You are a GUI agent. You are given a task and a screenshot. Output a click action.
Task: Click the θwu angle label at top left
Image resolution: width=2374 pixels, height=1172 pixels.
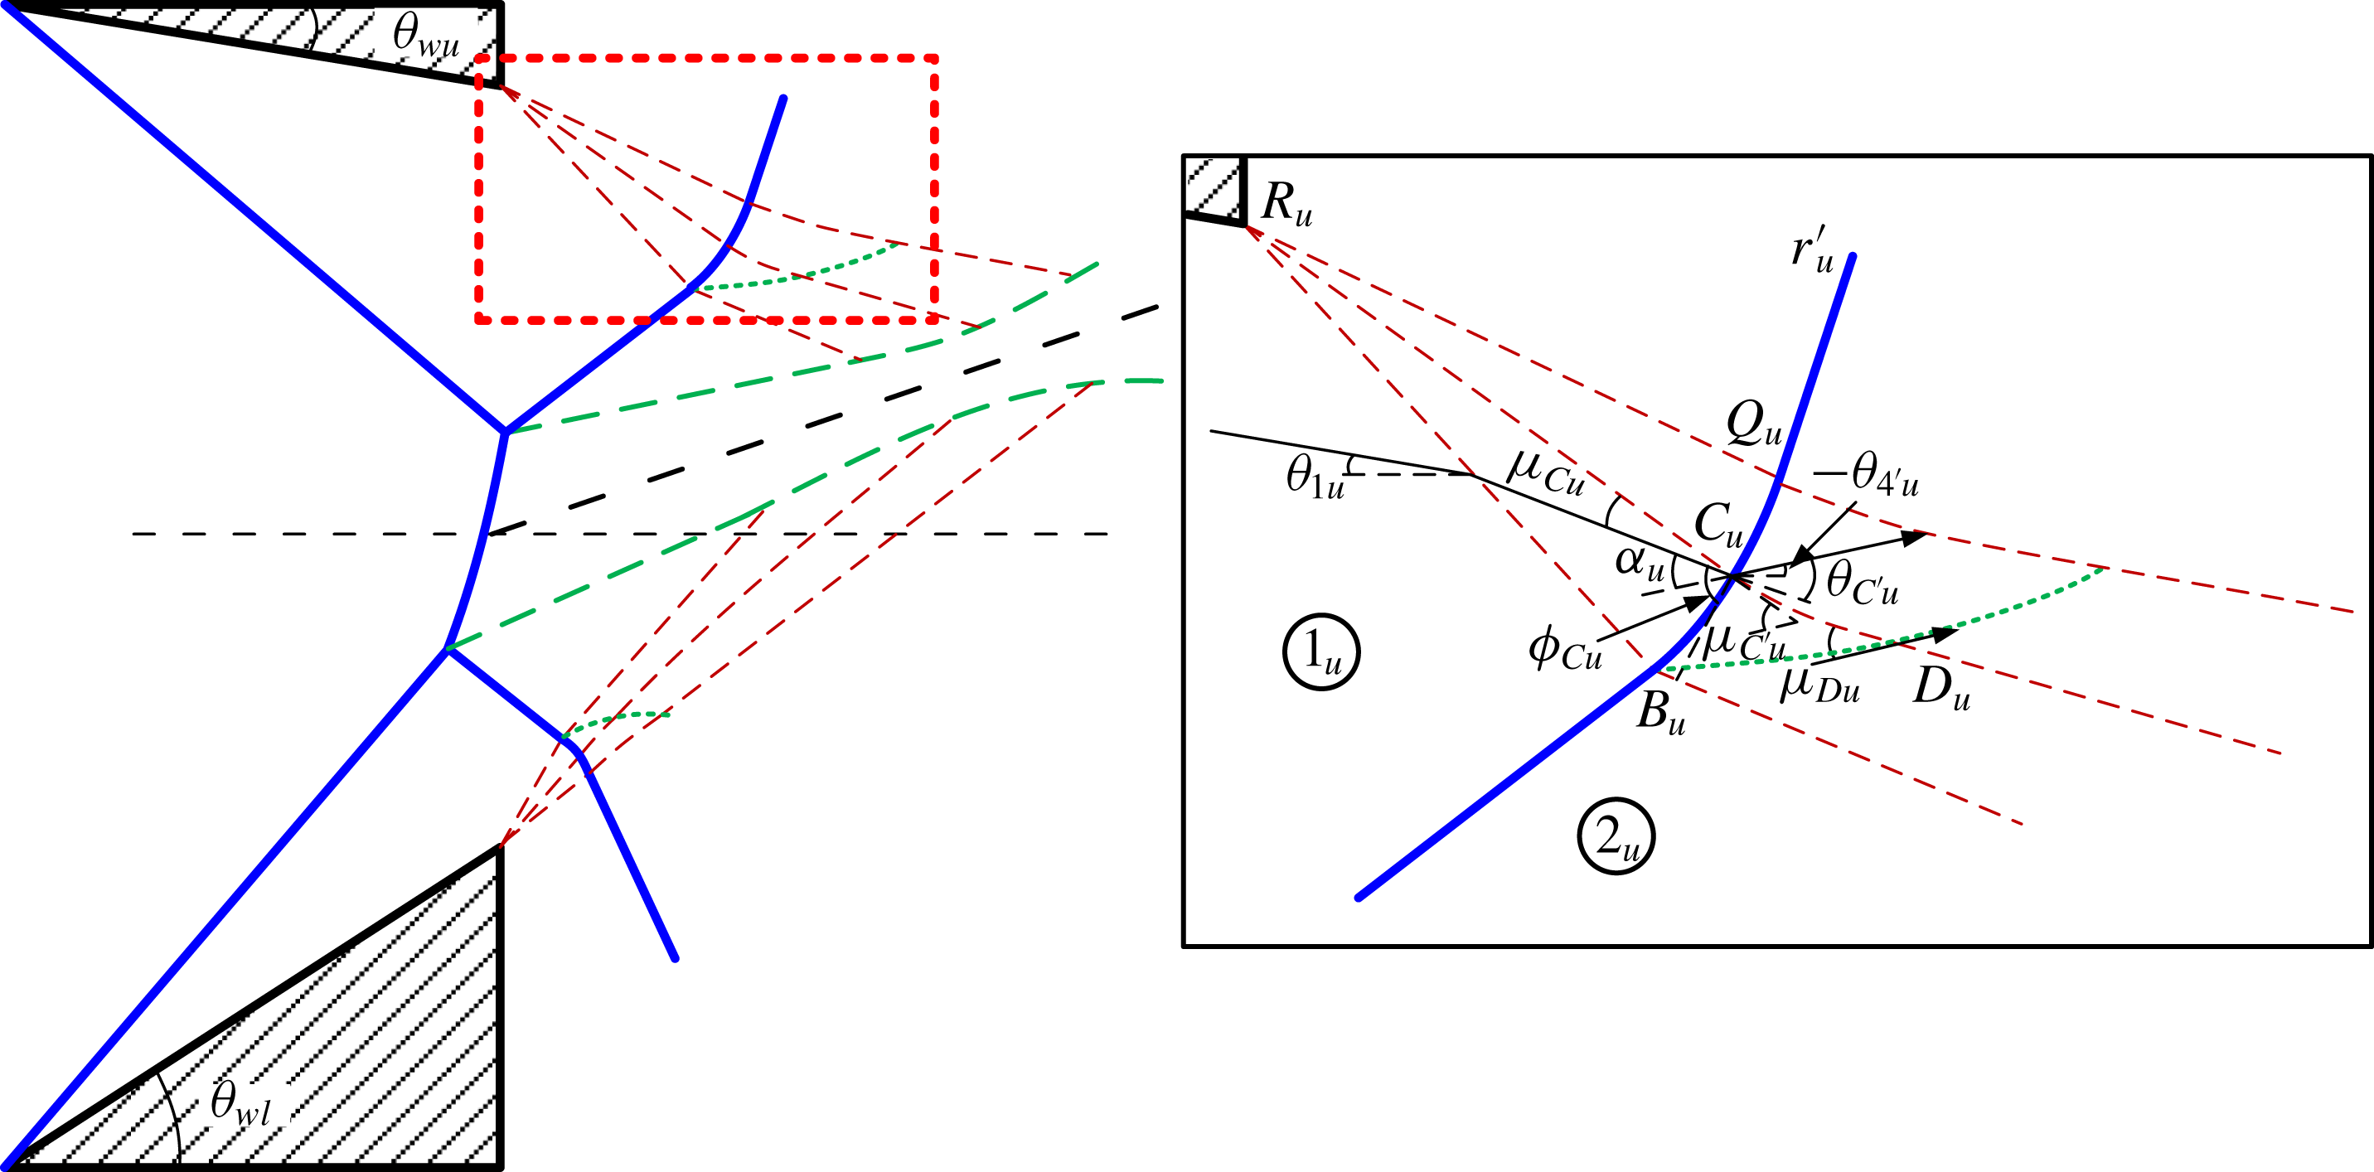426,36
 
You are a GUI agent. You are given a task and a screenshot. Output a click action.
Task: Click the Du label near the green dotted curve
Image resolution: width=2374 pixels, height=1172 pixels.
1940,687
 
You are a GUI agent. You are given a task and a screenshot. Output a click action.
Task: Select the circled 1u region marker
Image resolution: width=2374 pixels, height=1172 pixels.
1321,652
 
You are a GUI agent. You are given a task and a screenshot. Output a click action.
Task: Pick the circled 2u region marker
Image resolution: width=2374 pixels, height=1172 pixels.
1616,836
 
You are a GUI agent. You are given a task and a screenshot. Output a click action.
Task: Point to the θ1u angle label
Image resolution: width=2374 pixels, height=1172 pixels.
1315,478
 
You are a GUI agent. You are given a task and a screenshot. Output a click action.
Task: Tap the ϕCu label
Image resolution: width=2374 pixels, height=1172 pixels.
1565,649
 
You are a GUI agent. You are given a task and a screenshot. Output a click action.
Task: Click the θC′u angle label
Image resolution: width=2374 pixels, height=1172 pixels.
1862,583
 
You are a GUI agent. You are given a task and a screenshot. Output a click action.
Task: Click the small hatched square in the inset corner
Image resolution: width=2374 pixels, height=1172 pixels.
1213,187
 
